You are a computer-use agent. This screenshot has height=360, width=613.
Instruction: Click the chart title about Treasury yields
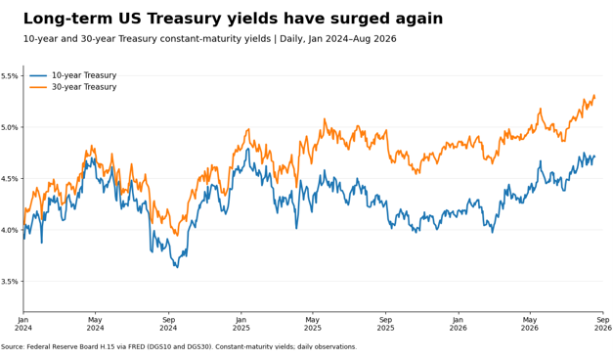pyautogui.click(x=233, y=19)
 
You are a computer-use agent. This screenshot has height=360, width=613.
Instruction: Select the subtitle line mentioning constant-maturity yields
pyautogui.click(x=209, y=39)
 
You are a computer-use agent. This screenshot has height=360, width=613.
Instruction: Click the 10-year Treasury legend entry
pyautogui.click(x=73, y=75)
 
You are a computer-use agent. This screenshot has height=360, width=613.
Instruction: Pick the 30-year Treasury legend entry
pyautogui.click(x=73, y=87)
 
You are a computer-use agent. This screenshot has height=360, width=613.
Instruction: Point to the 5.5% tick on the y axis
pyautogui.click(x=10, y=76)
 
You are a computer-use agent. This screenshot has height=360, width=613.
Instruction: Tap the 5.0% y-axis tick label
pyautogui.click(x=10, y=127)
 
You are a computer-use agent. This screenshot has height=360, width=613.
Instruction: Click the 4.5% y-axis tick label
pyautogui.click(x=10, y=179)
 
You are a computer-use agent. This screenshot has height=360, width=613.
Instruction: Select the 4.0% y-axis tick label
pyautogui.click(x=10, y=230)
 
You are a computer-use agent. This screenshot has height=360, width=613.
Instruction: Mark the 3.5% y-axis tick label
pyautogui.click(x=10, y=282)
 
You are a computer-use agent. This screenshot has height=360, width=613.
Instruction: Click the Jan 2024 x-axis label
pyautogui.click(x=23, y=324)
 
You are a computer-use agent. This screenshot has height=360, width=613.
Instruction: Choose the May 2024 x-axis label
pyautogui.click(x=95, y=324)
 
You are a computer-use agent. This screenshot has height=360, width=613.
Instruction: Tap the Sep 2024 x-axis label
pyautogui.click(x=168, y=324)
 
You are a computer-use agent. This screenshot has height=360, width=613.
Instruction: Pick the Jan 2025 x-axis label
pyautogui.click(x=241, y=324)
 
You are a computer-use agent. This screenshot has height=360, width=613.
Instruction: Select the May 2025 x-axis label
pyautogui.click(x=312, y=324)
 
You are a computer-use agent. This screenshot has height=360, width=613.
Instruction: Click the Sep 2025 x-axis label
pyautogui.click(x=385, y=324)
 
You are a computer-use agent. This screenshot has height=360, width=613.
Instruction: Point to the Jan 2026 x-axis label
pyautogui.click(x=459, y=324)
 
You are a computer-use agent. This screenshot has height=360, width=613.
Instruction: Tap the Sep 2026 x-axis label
pyautogui.click(x=603, y=324)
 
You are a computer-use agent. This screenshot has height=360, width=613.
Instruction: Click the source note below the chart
pyautogui.click(x=179, y=346)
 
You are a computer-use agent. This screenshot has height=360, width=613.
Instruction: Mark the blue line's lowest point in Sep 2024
pyautogui.click(x=178, y=268)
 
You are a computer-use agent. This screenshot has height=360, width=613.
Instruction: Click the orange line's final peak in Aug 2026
pyautogui.click(x=594, y=95)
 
